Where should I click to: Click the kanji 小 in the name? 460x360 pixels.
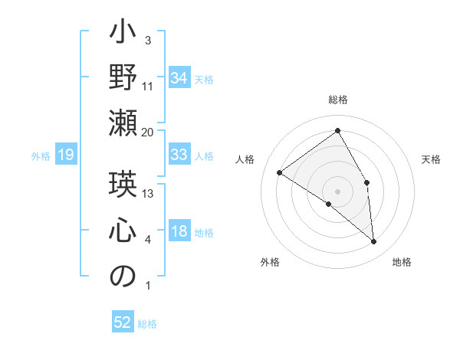click(123, 34)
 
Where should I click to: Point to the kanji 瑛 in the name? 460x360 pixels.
click(123, 185)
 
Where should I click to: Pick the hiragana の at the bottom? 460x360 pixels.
click(123, 277)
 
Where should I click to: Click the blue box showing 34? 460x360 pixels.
click(179, 77)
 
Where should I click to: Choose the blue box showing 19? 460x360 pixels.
click(65, 155)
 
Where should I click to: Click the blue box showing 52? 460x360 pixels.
click(123, 323)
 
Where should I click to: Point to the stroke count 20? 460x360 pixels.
click(148, 132)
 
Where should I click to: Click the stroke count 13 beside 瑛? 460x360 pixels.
click(148, 193)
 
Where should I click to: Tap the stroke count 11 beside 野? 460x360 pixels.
click(148, 86)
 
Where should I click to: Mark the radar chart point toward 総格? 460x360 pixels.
click(337, 131)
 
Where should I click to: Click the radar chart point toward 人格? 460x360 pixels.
click(280, 172)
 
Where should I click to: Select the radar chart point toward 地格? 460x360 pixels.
click(373, 241)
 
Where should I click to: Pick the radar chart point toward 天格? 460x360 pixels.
click(367, 182)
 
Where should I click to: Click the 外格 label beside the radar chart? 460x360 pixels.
click(269, 263)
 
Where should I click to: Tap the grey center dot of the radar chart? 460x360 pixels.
click(337, 191)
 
